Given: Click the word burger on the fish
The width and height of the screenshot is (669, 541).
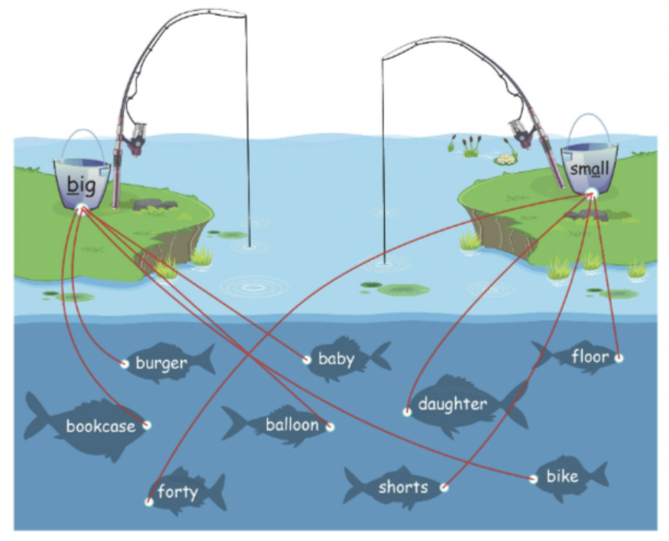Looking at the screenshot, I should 161,363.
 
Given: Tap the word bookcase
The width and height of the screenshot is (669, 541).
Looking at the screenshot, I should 100,426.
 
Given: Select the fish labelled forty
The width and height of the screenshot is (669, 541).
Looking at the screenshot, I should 178,491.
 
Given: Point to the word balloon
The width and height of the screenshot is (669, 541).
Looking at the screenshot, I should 292,425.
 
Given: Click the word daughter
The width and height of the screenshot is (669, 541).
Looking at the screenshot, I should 452,404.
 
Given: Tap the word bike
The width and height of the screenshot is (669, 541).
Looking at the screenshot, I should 563,478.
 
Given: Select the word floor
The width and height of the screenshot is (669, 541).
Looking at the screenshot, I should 590,356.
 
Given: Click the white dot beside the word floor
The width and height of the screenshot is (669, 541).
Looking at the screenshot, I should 619,358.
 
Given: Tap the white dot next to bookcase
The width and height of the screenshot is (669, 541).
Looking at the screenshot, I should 147,425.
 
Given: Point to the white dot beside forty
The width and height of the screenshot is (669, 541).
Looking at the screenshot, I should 149,502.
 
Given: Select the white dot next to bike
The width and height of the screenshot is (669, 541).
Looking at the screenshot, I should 533,479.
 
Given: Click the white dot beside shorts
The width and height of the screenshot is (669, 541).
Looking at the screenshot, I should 444,487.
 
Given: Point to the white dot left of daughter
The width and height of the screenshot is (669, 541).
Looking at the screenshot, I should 407,412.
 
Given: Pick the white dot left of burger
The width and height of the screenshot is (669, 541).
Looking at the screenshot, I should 124,364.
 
